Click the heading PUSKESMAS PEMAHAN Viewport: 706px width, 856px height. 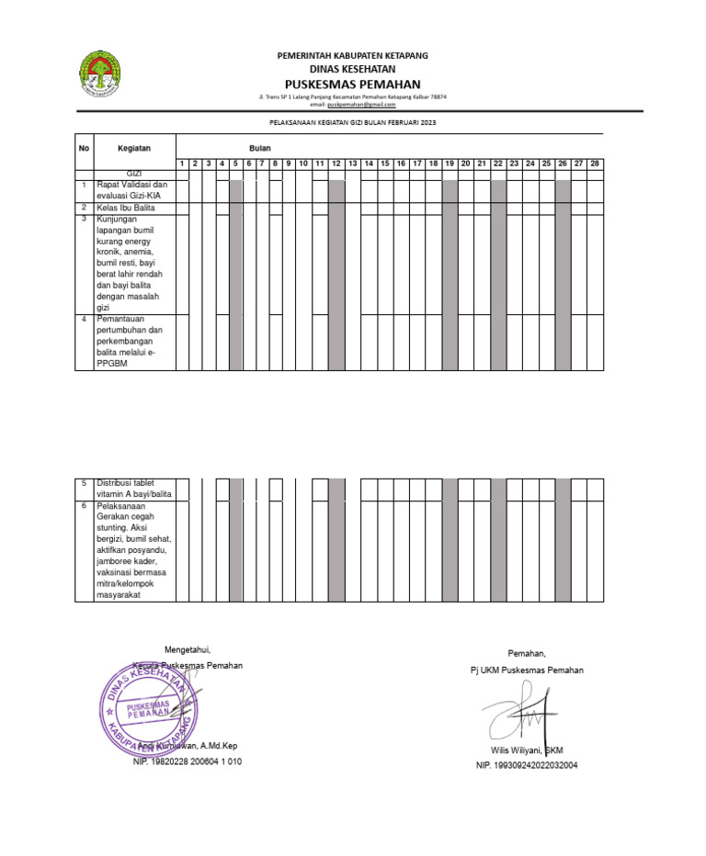click(x=353, y=84)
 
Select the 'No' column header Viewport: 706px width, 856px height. click(x=84, y=147)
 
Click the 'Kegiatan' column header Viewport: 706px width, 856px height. click(x=133, y=147)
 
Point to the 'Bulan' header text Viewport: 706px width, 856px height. click(x=259, y=147)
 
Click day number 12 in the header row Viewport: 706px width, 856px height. click(x=336, y=163)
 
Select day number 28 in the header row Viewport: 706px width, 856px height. click(x=595, y=163)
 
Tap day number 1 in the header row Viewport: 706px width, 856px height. click(x=182, y=163)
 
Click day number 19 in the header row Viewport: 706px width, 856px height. click(x=450, y=163)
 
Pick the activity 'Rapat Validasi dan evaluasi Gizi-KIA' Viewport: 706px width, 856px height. click(x=131, y=190)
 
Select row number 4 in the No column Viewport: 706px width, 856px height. click(x=84, y=319)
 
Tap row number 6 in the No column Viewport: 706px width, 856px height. click(x=84, y=505)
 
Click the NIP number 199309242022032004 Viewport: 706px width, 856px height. click(x=526, y=765)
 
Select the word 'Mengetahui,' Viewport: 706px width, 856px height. click(x=188, y=649)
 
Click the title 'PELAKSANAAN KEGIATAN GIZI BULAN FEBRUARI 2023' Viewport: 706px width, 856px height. click(x=353, y=121)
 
